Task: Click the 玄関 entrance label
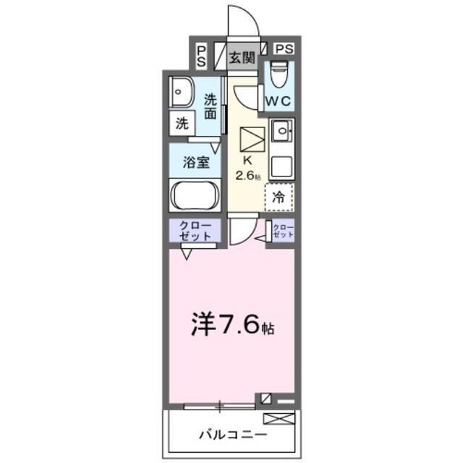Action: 242,58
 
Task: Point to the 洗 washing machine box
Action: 182,123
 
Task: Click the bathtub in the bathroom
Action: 196,196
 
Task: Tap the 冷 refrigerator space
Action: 279,195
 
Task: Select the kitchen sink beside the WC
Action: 281,133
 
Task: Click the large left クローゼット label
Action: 195,231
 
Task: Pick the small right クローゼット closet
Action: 284,231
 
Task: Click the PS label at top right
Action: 284,49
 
